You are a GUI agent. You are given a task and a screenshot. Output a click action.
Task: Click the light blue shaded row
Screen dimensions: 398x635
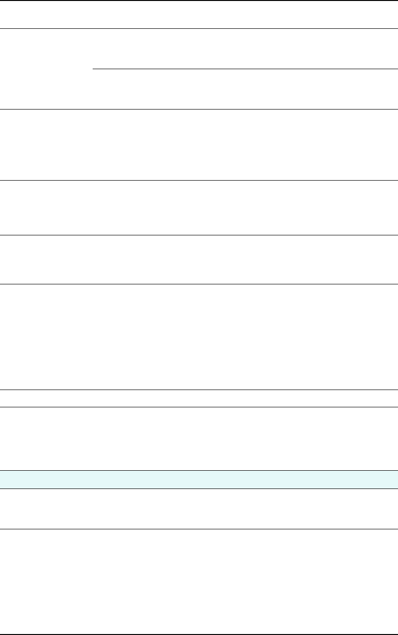click(199, 479)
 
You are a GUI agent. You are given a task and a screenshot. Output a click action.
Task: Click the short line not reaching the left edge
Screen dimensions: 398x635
click(245, 69)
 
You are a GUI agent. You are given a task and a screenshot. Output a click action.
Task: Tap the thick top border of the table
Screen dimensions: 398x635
click(199, 0)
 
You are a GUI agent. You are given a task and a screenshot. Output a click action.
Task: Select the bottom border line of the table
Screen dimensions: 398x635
click(199, 634)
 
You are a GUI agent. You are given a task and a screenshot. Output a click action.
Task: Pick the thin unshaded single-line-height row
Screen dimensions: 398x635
click(199, 398)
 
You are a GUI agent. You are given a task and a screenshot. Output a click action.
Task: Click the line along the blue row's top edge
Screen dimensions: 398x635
click(199, 470)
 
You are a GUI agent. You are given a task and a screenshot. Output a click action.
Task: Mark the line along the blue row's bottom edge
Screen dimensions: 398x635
click(199, 488)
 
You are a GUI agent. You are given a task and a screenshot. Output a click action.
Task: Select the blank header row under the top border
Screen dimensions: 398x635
click(199, 14)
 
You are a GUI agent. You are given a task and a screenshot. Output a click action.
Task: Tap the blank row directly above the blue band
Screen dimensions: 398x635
click(199, 439)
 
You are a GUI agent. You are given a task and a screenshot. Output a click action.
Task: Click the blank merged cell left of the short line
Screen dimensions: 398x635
click(46, 69)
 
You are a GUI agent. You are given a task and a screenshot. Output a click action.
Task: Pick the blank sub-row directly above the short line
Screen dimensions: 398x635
click(245, 49)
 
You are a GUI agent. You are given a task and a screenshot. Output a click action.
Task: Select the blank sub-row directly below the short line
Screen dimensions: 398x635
click(245, 89)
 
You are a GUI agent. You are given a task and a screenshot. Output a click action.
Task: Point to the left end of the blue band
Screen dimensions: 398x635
click(2, 479)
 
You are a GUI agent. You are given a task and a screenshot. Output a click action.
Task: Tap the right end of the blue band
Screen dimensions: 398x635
click(396, 479)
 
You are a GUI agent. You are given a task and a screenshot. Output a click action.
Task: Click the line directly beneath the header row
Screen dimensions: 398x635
click(199, 28)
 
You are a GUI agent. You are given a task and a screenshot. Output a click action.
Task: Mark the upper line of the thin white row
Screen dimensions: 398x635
click(199, 390)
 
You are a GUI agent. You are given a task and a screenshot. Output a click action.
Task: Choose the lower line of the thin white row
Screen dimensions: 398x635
click(199, 407)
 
